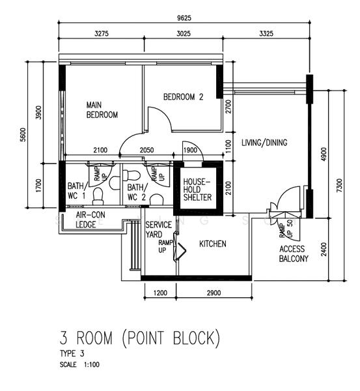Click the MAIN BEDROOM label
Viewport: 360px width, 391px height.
[x=102, y=109]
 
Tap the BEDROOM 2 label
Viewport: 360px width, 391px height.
[x=183, y=97]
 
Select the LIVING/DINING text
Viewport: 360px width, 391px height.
[x=264, y=143]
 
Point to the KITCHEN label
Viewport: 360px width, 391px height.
[x=212, y=244]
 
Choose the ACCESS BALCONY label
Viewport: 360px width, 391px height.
[x=293, y=253]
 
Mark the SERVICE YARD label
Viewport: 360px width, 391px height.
[x=159, y=229]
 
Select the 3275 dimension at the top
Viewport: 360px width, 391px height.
[x=100, y=33]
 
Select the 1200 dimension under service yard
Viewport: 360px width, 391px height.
[x=159, y=293]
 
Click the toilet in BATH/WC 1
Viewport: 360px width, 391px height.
[x=98, y=195]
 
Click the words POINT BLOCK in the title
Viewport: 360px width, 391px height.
[x=171, y=338]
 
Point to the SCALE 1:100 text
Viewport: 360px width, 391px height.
[x=79, y=364]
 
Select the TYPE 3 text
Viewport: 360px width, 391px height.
[x=72, y=353]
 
